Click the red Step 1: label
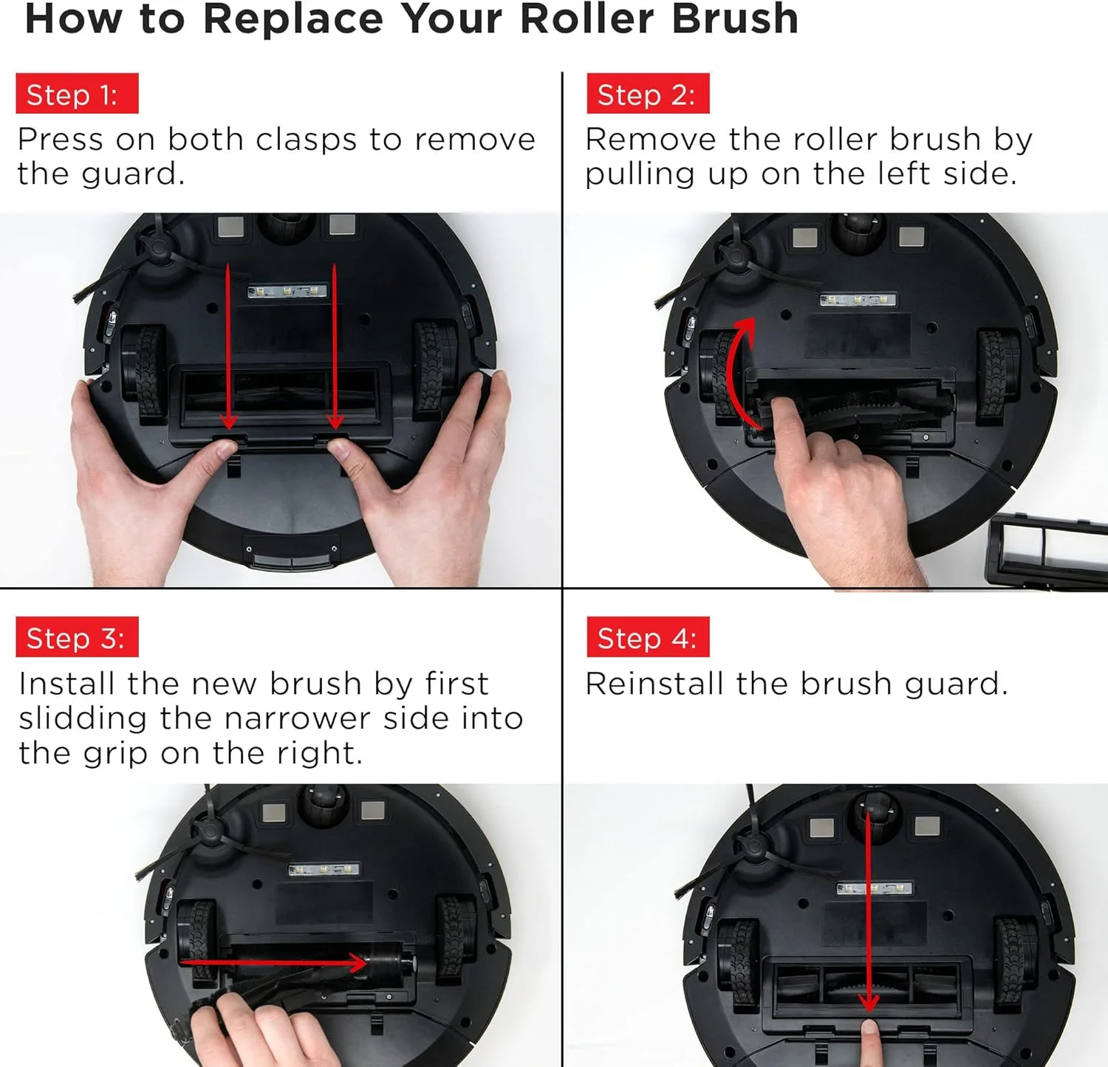(77, 94)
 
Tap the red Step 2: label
(648, 94)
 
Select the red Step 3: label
(77, 637)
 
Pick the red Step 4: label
(648, 637)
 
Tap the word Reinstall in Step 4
(654, 684)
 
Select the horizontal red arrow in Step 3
(273, 962)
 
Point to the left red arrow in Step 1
(228, 346)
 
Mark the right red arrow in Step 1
(335, 346)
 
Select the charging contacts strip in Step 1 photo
(287, 292)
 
